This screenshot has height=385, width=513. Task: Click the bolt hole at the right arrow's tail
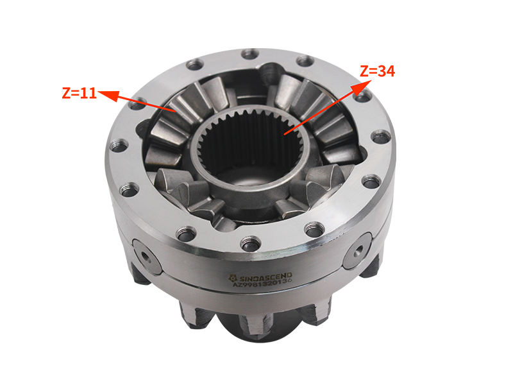click(x=363, y=96)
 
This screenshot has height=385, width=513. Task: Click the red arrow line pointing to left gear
click(x=152, y=105)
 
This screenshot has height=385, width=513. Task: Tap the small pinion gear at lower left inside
click(x=186, y=193)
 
